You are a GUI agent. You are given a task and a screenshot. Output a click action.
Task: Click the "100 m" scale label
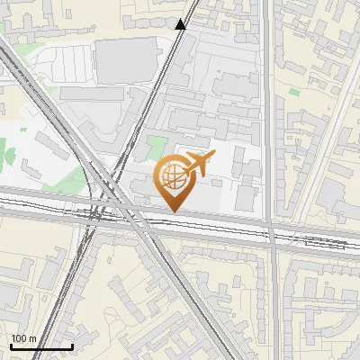coord(23,338)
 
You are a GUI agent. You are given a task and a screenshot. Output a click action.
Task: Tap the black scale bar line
coord(41,347)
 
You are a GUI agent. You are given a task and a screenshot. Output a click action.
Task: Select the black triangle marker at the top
coord(181,24)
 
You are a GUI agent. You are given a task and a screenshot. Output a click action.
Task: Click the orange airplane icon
coord(199,164)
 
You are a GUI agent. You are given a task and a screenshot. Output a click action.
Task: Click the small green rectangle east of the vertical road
coord(293,91)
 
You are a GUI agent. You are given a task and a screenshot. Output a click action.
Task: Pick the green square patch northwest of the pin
coord(157,144)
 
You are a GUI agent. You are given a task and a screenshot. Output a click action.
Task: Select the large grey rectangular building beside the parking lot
coord(120,59)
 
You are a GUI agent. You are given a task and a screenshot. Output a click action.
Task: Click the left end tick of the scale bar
coord(11,346)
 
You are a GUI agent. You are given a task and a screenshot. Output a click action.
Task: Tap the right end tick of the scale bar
coord(72,346)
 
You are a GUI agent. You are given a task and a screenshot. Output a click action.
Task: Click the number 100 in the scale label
coord(19,338)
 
